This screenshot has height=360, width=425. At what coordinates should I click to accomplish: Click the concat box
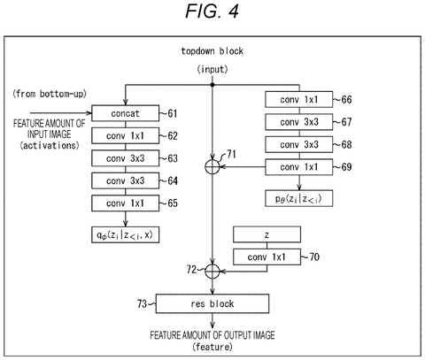pyautogui.click(x=126, y=113)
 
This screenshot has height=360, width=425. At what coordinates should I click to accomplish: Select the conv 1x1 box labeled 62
pyautogui.click(x=126, y=136)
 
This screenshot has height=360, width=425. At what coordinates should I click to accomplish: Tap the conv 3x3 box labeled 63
pyautogui.click(x=126, y=158)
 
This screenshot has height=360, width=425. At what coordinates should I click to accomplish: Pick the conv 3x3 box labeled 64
pyautogui.click(x=126, y=180)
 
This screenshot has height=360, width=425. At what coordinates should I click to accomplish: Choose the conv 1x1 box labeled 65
pyautogui.click(x=126, y=203)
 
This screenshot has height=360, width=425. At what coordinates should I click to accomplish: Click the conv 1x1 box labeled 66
pyautogui.click(x=299, y=100)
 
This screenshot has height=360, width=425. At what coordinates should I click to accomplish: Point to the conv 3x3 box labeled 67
pyautogui.click(x=299, y=122)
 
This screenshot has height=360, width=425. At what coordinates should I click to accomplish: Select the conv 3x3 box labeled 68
pyautogui.click(x=299, y=145)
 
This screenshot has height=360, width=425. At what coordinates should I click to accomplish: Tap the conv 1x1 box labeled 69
pyautogui.click(x=299, y=167)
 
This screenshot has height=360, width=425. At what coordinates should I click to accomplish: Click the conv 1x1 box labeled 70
pyautogui.click(x=267, y=257)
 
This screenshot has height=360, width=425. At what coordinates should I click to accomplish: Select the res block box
pyautogui.click(x=212, y=303)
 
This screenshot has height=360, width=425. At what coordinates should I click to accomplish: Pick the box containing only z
pyautogui.click(x=267, y=234)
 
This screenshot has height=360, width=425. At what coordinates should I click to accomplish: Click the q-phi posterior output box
pyautogui.click(x=126, y=235)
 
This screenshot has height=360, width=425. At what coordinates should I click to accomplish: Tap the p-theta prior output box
pyautogui.click(x=299, y=198)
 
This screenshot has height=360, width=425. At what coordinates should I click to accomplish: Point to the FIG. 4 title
pyautogui.click(x=212, y=12)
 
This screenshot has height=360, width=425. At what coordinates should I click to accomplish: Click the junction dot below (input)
pyautogui.click(x=212, y=85)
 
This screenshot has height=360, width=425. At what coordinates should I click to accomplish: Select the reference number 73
pyautogui.click(x=142, y=303)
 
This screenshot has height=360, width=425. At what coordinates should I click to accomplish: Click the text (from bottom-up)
pyautogui.click(x=50, y=94)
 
